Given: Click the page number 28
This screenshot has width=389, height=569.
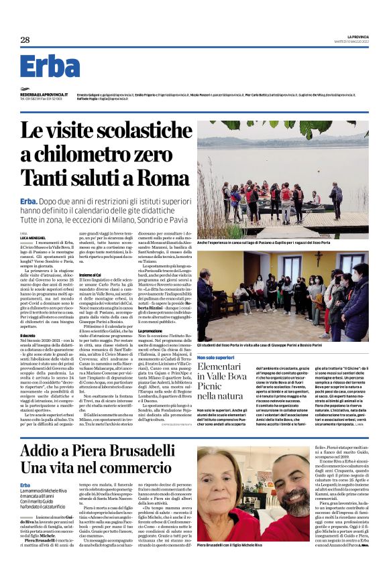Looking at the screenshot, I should click(25, 40).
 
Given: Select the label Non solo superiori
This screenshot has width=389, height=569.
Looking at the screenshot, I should click(216, 358).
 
